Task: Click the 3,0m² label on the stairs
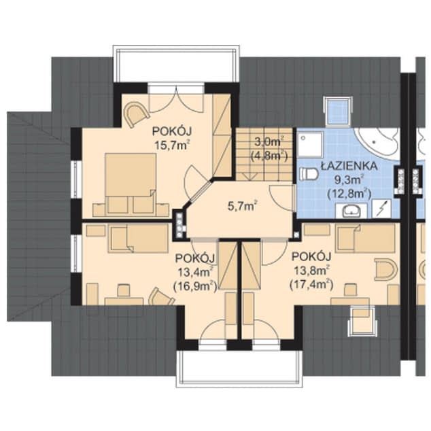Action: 269,142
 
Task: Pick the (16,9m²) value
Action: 194,286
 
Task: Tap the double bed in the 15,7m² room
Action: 130,179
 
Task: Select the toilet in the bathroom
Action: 309,174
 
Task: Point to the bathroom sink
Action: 353,210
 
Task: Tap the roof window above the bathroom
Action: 338,110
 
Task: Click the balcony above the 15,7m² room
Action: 177,65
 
